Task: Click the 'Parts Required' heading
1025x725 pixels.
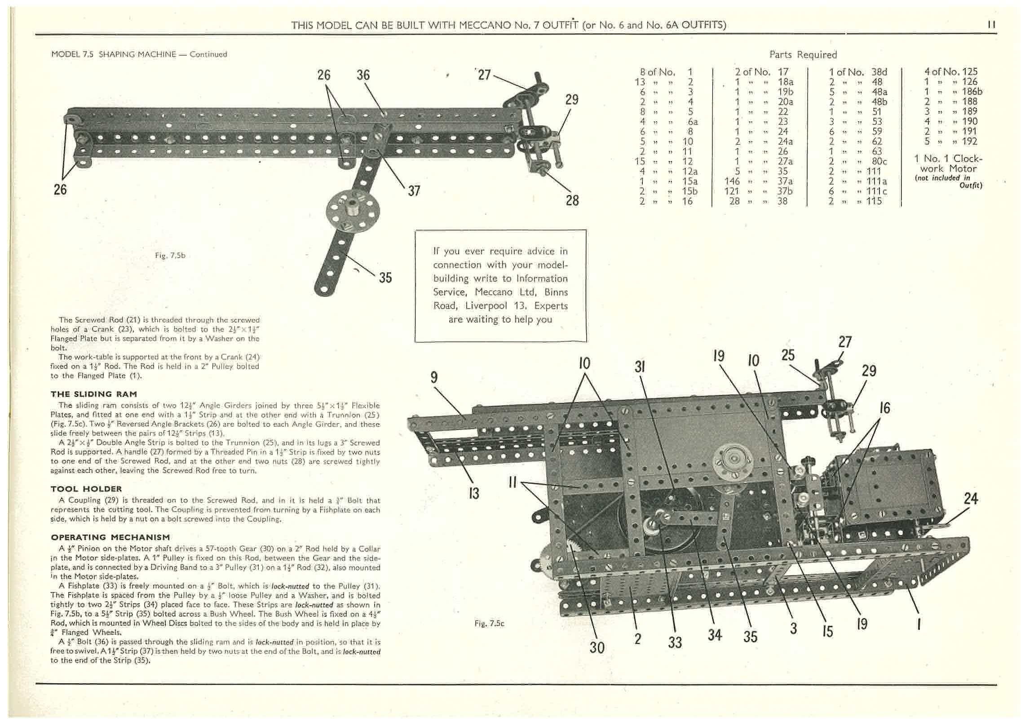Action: (x=803, y=55)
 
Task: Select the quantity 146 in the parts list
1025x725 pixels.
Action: (x=732, y=181)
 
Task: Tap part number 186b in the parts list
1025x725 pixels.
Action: (x=972, y=92)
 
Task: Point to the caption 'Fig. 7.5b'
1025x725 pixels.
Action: (x=170, y=256)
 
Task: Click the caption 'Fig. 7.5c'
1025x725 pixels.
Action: (x=489, y=623)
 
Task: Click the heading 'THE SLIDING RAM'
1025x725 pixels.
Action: (x=93, y=394)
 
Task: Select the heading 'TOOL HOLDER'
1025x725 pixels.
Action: (x=86, y=489)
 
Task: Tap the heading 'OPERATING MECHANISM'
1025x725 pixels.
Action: (x=110, y=537)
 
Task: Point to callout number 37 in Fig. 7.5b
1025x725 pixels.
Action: (x=414, y=191)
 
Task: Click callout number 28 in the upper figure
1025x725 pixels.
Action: (x=572, y=200)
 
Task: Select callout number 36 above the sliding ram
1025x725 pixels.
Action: (x=363, y=75)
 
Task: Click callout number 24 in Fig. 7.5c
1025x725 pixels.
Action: (x=971, y=499)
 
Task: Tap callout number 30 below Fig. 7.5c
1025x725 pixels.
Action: (x=596, y=647)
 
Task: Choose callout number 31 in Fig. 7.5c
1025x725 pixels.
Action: (x=640, y=367)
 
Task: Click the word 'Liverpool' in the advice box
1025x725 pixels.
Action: (x=486, y=306)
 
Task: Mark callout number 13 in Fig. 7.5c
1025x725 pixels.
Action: (x=474, y=493)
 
